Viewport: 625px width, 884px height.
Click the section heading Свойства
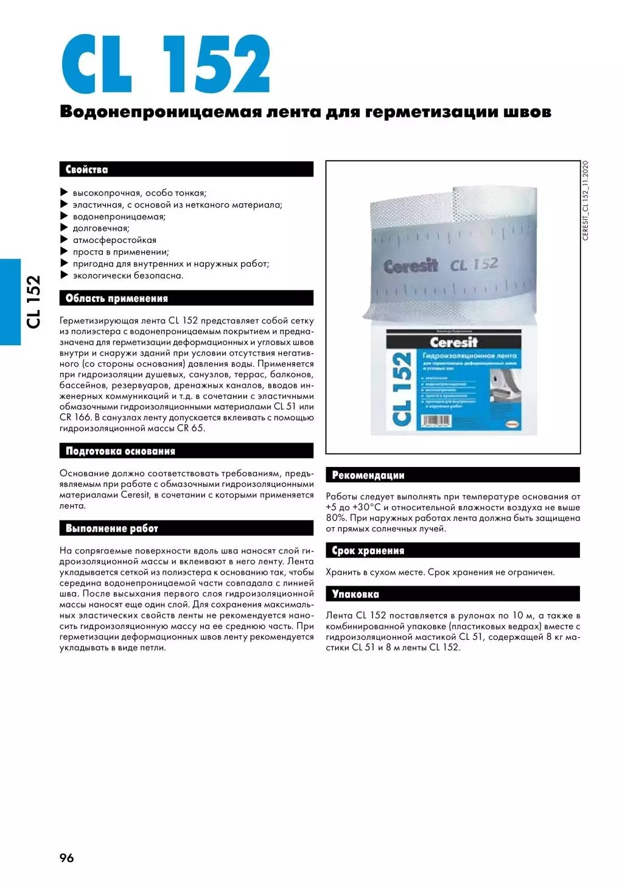click(x=87, y=170)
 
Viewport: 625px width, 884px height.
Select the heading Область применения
click(x=116, y=298)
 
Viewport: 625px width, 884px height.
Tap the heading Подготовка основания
click(x=120, y=451)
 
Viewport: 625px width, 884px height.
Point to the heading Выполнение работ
click(x=111, y=528)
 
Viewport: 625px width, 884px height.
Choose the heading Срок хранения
click(x=368, y=551)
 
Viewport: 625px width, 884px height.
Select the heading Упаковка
click(x=355, y=594)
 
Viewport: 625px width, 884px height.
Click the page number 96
click(x=66, y=858)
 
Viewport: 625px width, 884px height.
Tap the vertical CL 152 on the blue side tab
click(x=33, y=302)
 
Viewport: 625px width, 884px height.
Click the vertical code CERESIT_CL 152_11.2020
click(x=585, y=201)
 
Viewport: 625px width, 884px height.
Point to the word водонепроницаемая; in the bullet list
click(x=119, y=217)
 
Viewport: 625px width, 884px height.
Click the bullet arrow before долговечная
click(x=64, y=228)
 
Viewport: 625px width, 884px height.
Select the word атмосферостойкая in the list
click(x=114, y=240)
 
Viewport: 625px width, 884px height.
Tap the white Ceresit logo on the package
click(x=453, y=342)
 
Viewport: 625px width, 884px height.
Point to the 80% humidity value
click(x=335, y=518)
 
